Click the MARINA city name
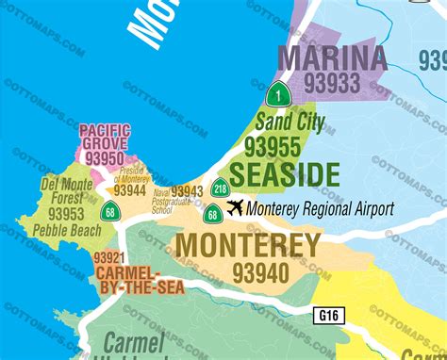pyautogui.click(x=332, y=57)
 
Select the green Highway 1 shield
pyautogui.click(x=276, y=94)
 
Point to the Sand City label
pyautogui.click(x=290, y=123)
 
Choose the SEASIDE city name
pyautogui.click(x=284, y=174)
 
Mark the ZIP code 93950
pyautogui.click(x=105, y=157)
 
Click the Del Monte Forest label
pyautogui.click(x=67, y=191)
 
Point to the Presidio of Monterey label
pyautogui.click(x=133, y=174)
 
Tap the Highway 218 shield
pyautogui.click(x=221, y=188)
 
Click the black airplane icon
pyautogui.click(x=235, y=207)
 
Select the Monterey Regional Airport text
pyautogui.click(x=320, y=209)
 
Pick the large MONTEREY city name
pyautogui.click(x=249, y=247)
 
